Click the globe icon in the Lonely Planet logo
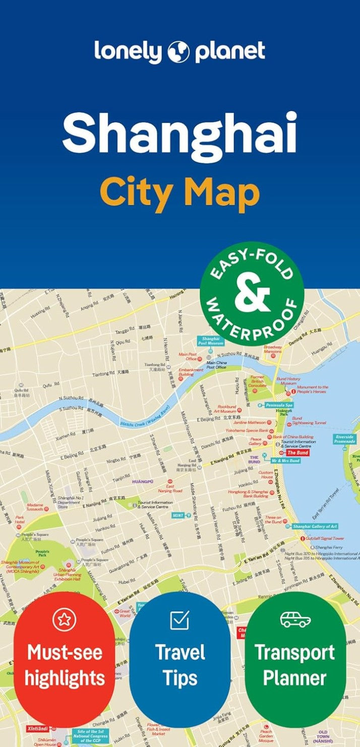pyautogui.click(x=179, y=52)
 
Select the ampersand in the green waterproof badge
pyautogui.click(x=252, y=295)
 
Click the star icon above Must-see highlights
pyautogui.click(x=64, y=619)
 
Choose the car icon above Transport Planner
pyautogui.click(x=295, y=619)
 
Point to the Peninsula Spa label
pyautogui.click(x=279, y=405)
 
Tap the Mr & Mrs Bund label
pyautogui.click(x=285, y=461)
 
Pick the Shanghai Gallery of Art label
pyautogui.click(x=315, y=526)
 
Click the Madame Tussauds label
pyautogui.click(x=35, y=507)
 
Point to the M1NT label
pyautogui.click(x=177, y=515)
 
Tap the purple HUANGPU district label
pyautogui.click(x=143, y=481)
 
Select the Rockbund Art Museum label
pyautogui.click(x=227, y=409)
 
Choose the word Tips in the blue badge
pyautogui.click(x=180, y=678)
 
